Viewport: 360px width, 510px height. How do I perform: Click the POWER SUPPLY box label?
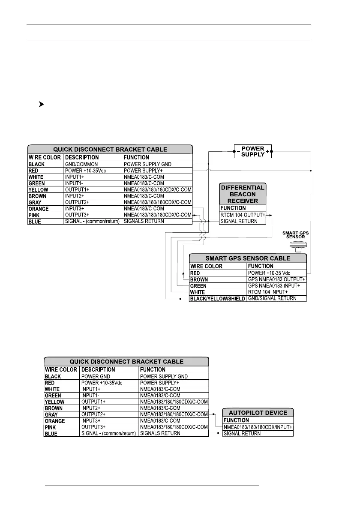coord(253,152)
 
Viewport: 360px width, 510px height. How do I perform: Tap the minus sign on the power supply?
coord(238,152)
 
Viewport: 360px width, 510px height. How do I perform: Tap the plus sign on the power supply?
coord(267,152)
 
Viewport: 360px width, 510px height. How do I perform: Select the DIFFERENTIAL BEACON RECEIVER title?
coord(242,195)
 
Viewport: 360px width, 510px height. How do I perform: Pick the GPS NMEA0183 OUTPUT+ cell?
coord(276,279)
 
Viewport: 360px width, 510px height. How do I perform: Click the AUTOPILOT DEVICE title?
coord(258,413)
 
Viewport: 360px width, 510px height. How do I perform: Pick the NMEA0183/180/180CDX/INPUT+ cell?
coord(258,427)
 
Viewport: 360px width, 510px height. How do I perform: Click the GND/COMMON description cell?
coord(81,164)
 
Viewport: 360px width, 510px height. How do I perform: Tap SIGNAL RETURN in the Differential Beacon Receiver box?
coord(239,221)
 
